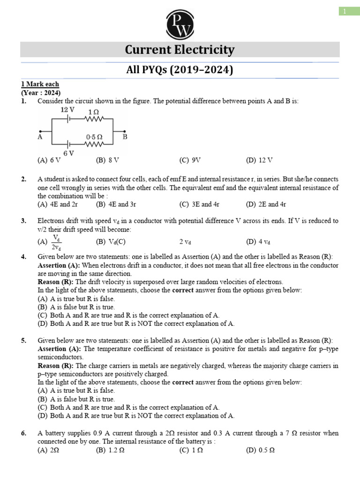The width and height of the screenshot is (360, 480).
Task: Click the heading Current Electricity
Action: tap(180, 50)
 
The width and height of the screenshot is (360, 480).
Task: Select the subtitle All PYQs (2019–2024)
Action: tap(180, 70)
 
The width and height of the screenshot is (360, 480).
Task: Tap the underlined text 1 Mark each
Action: tap(40, 84)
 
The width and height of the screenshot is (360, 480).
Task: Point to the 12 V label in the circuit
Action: tap(67, 110)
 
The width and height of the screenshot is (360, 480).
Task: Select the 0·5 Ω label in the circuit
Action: tap(94, 137)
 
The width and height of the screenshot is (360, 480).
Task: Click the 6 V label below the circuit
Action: tap(68, 153)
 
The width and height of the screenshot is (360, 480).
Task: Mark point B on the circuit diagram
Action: tap(125, 137)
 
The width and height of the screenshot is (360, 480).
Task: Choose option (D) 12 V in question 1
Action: tap(259, 160)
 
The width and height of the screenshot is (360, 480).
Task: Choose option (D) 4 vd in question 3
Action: tap(258, 242)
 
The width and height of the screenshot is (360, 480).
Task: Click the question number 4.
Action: tap(23, 257)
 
